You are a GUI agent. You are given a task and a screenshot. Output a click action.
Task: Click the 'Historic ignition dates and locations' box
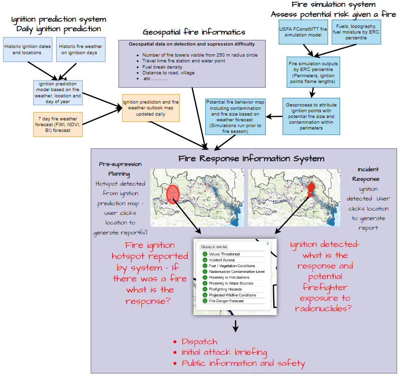27,49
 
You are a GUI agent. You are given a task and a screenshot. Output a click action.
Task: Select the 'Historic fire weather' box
81,49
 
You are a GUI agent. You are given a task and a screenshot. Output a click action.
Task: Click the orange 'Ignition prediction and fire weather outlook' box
151,108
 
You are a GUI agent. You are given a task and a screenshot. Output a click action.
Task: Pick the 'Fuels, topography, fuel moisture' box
356,32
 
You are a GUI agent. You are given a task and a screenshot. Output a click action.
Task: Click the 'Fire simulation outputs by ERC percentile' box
313,73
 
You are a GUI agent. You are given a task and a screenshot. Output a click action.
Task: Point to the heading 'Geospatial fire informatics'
194,32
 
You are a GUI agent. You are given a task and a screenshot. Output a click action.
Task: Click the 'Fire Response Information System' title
251,158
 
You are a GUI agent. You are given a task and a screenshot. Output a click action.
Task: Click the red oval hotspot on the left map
172,193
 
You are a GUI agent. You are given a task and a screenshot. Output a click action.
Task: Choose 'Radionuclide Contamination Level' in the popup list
236,271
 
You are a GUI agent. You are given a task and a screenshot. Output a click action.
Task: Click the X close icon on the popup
267,244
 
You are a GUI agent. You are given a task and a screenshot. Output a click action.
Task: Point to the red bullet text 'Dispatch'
199,341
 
